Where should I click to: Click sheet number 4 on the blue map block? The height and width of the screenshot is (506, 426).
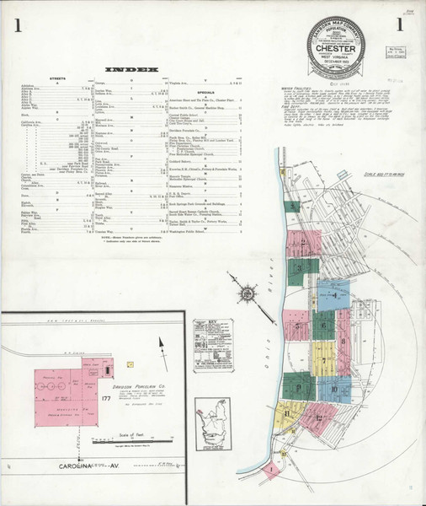(335, 295)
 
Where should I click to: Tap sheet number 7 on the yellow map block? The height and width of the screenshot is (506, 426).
(323, 359)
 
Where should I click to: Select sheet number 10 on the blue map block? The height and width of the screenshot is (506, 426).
(334, 389)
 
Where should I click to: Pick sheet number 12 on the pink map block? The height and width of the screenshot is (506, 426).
(318, 416)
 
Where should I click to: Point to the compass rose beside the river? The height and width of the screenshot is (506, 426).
(247, 293)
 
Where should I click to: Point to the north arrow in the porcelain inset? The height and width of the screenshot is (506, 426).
(160, 344)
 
